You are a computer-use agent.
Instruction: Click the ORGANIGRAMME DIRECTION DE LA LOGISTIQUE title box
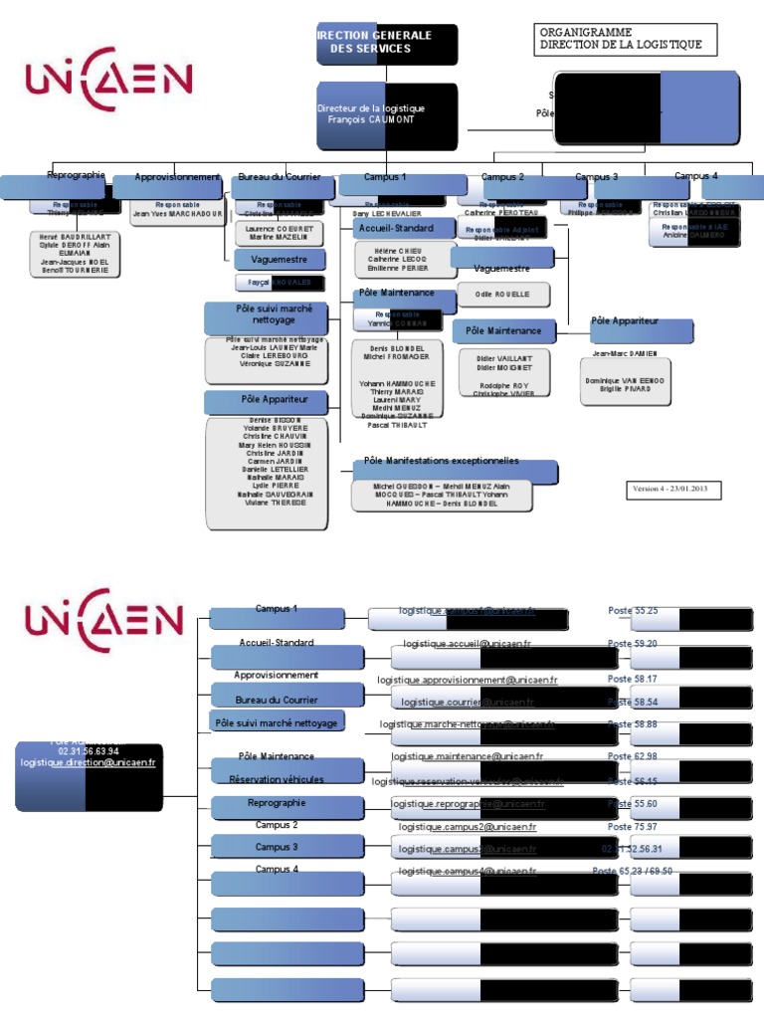(x=625, y=39)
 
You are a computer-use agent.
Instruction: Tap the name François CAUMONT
(x=370, y=119)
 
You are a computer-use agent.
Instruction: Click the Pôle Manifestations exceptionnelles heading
(x=441, y=461)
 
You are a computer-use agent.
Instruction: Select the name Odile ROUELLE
(x=502, y=295)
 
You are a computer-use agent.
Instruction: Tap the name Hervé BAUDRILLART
(x=76, y=237)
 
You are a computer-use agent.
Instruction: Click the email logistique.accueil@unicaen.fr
(x=467, y=644)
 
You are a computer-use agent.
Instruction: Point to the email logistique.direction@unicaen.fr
(x=88, y=762)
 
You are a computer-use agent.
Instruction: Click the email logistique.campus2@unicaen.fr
(x=468, y=827)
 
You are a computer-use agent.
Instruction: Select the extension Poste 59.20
(x=632, y=644)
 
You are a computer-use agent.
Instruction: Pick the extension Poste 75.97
(x=632, y=827)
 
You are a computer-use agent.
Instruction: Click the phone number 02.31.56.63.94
(x=89, y=751)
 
